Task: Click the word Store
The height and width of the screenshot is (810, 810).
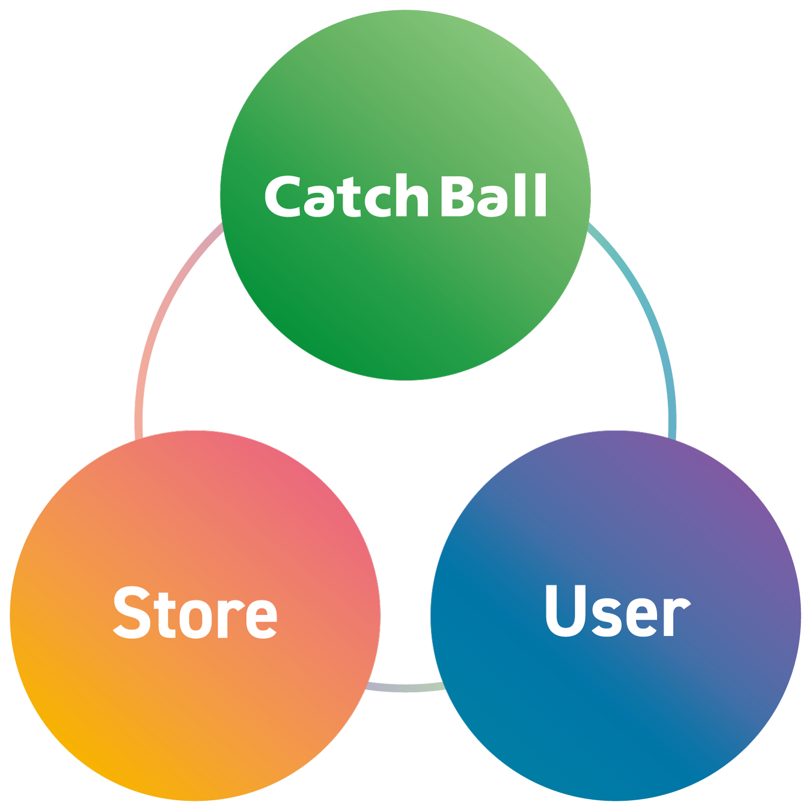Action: [x=195, y=613]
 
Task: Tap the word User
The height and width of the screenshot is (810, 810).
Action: [x=617, y=611]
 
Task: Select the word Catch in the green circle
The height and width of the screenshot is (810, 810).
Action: [x=346, y=197]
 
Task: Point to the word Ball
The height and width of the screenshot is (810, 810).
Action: [x=494, y=195]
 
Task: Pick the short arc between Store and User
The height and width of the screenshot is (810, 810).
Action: [x=405, y=687]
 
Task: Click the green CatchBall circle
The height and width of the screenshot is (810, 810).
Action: [x=405, y=292]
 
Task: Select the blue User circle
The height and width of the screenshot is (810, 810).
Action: [x=616, y=718]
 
